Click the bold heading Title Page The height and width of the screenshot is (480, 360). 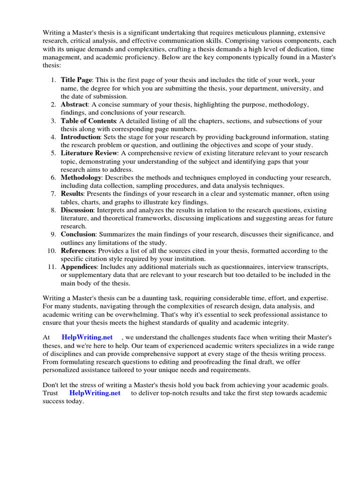[76, 80]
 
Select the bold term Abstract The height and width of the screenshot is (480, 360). [74, 105]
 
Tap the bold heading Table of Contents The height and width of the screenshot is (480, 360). [89, 121]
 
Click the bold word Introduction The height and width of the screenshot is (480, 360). [80, 137]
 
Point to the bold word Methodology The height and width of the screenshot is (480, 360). [81, 178]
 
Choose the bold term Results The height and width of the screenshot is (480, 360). [72, 194]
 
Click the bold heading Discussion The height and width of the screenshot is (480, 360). [77, 210]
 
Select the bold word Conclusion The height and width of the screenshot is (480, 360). [78, 234]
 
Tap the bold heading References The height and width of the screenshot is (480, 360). [77, 250]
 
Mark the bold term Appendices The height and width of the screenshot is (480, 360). [78, 267]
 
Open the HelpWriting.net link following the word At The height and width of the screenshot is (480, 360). [87, 337]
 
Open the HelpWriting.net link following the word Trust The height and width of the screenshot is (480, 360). [95, 393]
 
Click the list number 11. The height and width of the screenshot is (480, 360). [52, 267]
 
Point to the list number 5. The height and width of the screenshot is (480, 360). [53, 153]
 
